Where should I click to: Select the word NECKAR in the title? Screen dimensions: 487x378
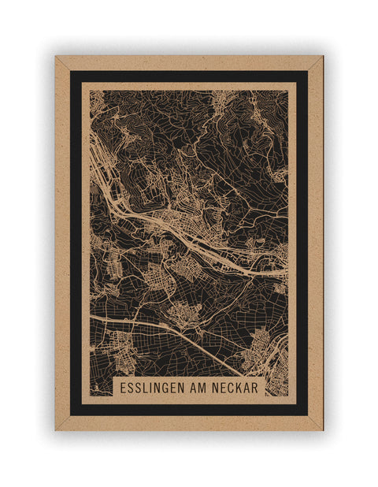click(x=235, y=389)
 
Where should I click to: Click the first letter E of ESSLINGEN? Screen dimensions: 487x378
click(x=123, y=389)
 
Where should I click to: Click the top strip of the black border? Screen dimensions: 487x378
click(x=189, y=76)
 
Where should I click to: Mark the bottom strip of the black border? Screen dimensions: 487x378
click(x=189, y=410)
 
